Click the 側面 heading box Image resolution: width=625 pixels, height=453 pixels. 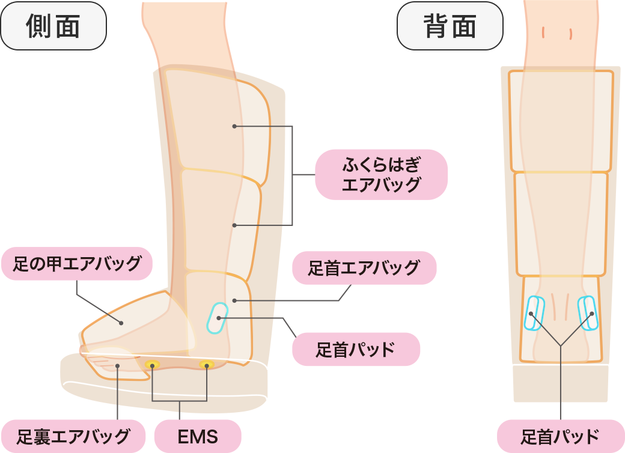click(x=53, y=26)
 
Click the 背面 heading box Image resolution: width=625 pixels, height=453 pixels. click(x=450, y=26)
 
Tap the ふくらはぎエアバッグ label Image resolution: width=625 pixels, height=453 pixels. click(x=381, y=174)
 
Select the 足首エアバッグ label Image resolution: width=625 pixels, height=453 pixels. click(x=364, y=267)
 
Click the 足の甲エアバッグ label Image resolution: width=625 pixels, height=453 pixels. click(x=77, y=263)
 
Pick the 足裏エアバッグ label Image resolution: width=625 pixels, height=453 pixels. click(x=73, y=436)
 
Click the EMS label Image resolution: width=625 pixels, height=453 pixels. click(x=198, y=436)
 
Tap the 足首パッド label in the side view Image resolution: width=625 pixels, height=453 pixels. click(x=356, y=349)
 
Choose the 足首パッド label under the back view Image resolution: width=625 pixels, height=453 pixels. click(x=560, y=436)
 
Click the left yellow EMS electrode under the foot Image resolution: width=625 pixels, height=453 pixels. click(x=153, y=364)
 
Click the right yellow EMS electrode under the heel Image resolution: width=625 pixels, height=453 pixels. click(x=207, y=364)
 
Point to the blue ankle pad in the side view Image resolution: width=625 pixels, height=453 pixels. click(x=216, y=318)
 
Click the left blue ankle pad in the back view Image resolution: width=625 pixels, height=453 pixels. click(x=533, y=313)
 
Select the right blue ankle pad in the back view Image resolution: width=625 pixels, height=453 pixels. click(x=588, y=313)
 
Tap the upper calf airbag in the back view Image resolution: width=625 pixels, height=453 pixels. click(x=561, y=120)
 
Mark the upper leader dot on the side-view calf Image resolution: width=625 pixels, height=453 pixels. click(x=234, y=126)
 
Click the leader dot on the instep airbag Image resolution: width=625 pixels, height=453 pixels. click(x=121, y=323)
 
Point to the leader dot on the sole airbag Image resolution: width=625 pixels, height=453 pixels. click(x=118, y=365)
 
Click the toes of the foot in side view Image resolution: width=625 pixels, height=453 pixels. click(x=96, y=360)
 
